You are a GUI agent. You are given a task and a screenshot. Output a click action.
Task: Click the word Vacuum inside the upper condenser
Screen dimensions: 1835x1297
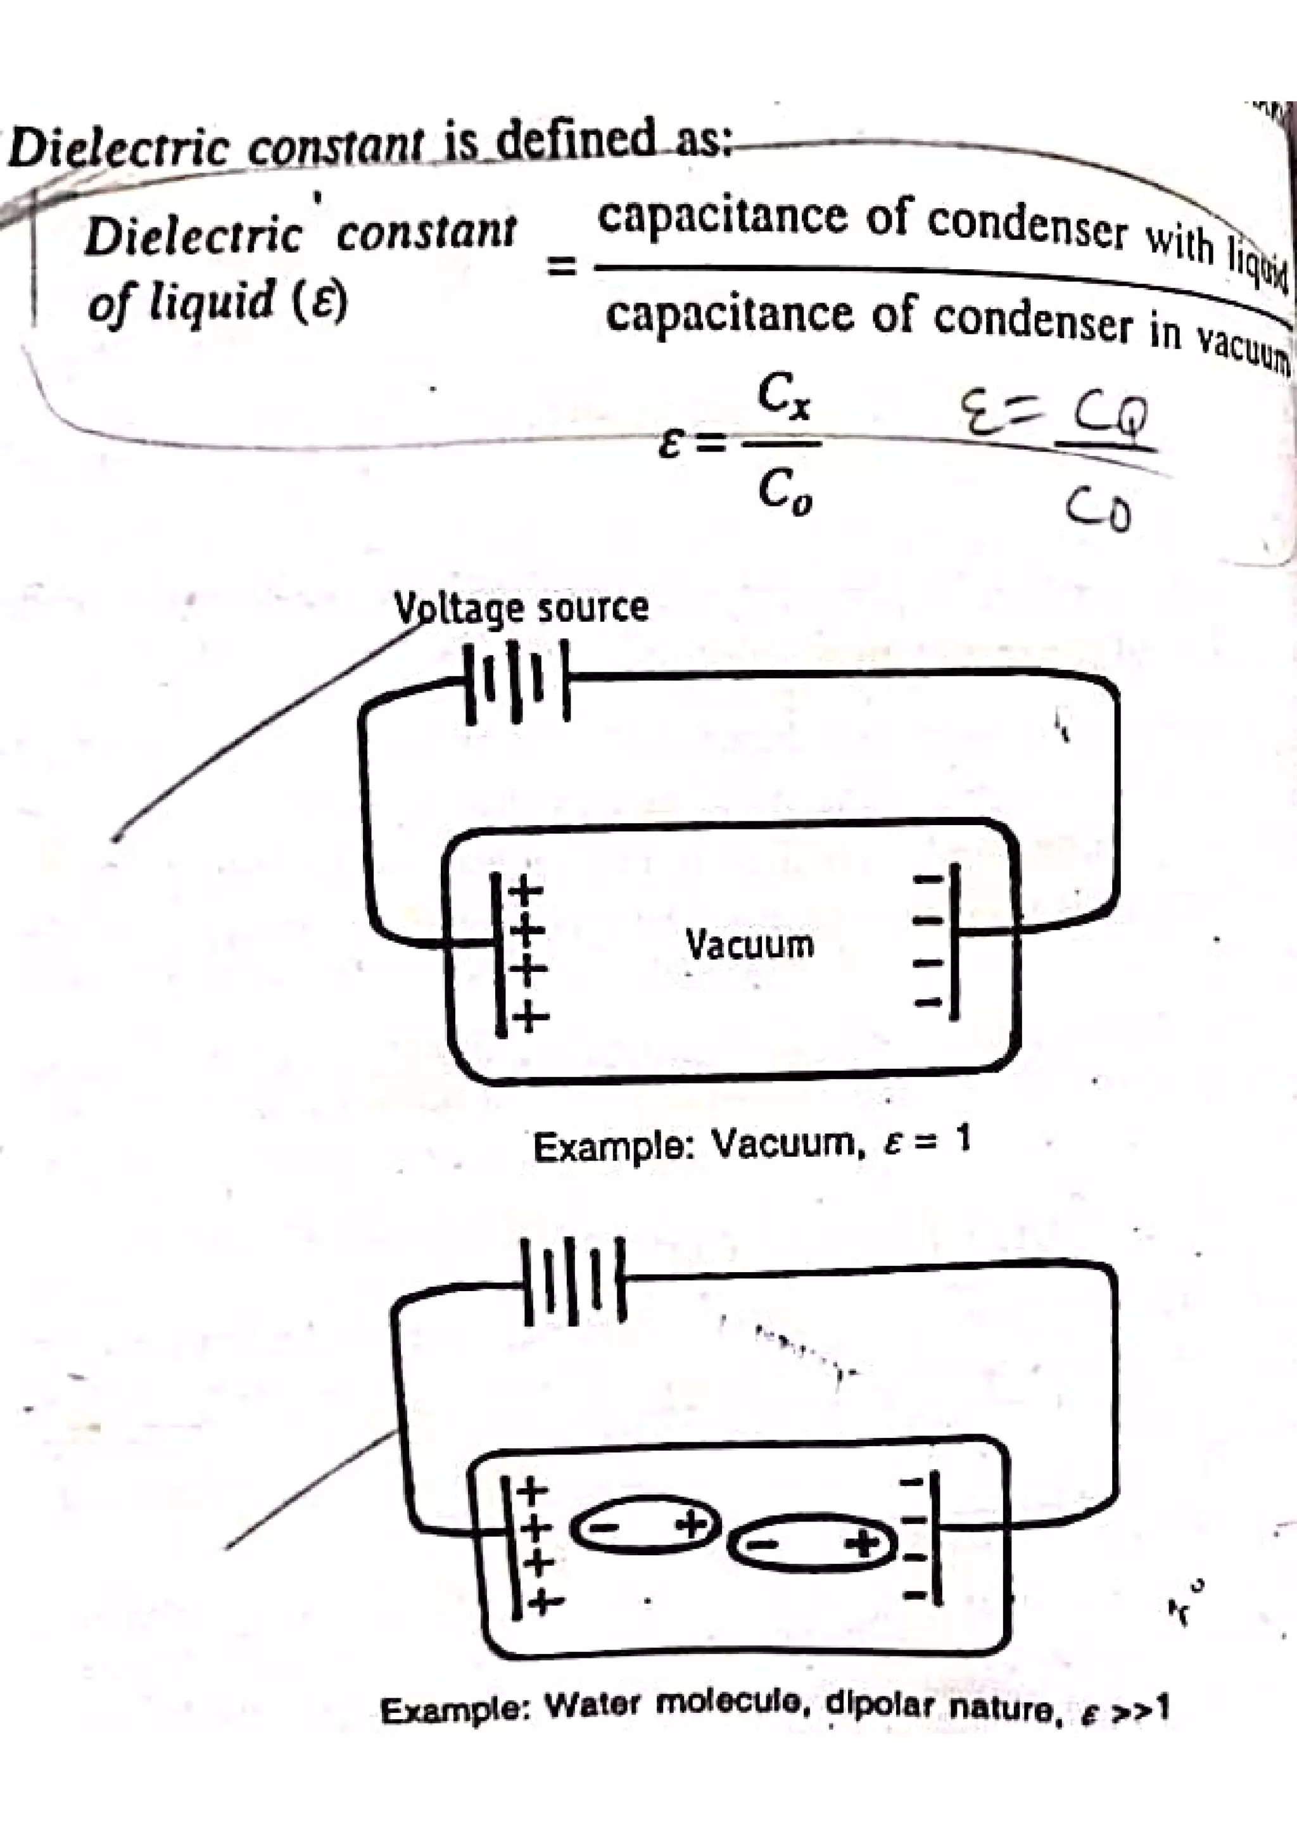click(750, 944)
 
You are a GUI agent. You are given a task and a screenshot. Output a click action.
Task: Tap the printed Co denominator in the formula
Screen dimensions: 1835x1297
click(783, 494)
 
